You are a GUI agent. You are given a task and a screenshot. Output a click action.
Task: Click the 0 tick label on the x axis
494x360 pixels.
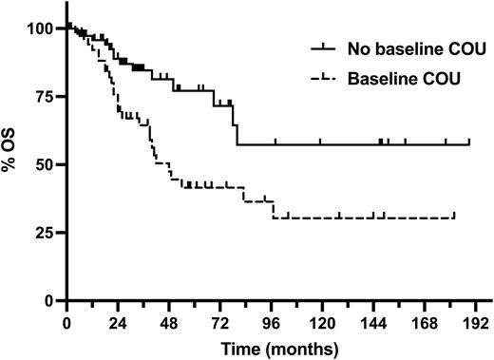pos(66,321)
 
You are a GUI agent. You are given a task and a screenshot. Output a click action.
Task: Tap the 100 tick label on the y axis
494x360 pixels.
pos(43,28)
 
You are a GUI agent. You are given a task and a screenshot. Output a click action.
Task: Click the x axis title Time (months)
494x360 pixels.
pos(272,348)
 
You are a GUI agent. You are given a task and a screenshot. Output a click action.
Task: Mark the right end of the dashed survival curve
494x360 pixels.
pos(455,218)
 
